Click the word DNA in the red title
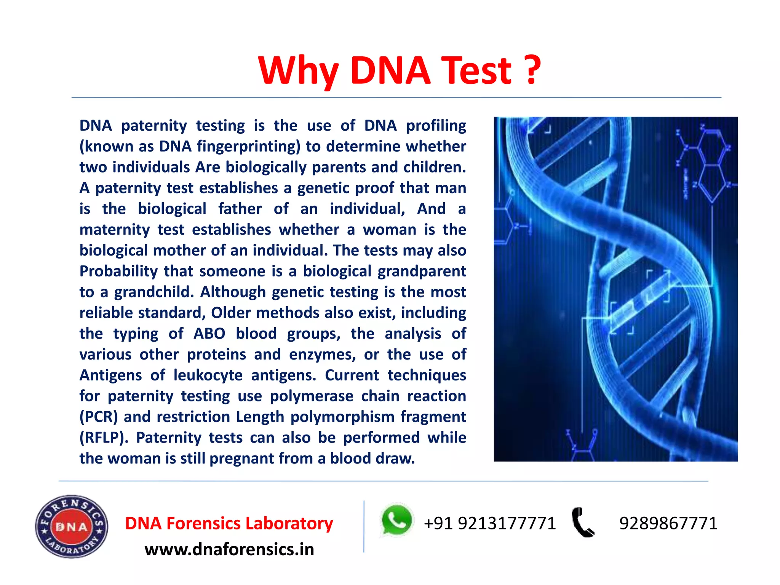(390, 70)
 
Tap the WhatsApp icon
(396, 520)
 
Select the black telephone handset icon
(582, 522)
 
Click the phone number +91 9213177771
(490, 523)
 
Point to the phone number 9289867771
(668, 523)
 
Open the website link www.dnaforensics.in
(229, 550)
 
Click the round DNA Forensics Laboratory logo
(72, 527)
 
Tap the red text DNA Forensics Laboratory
(229, 523)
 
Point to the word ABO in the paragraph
(209, 334)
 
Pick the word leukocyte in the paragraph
(208, 376)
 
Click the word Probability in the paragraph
(118, 272)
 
